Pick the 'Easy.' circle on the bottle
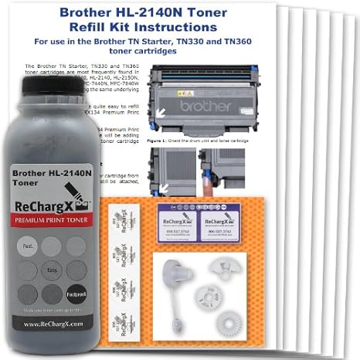click(53, 270)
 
